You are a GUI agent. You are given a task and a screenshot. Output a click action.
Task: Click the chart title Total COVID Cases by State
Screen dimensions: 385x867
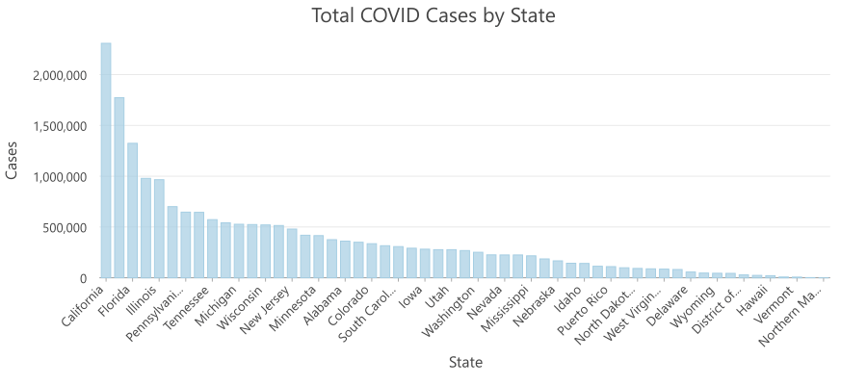click(433, 16)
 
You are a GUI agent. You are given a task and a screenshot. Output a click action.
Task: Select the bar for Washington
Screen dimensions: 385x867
click(478, 265)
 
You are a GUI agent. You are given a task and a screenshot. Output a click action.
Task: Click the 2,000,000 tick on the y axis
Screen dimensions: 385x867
click(59, 75)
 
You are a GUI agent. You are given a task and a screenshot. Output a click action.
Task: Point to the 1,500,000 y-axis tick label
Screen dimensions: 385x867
click(59, 126)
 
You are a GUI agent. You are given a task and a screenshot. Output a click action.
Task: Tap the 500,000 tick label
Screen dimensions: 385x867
click(65, 227)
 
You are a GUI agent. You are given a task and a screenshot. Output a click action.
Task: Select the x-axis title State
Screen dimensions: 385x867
click(465, 363)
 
